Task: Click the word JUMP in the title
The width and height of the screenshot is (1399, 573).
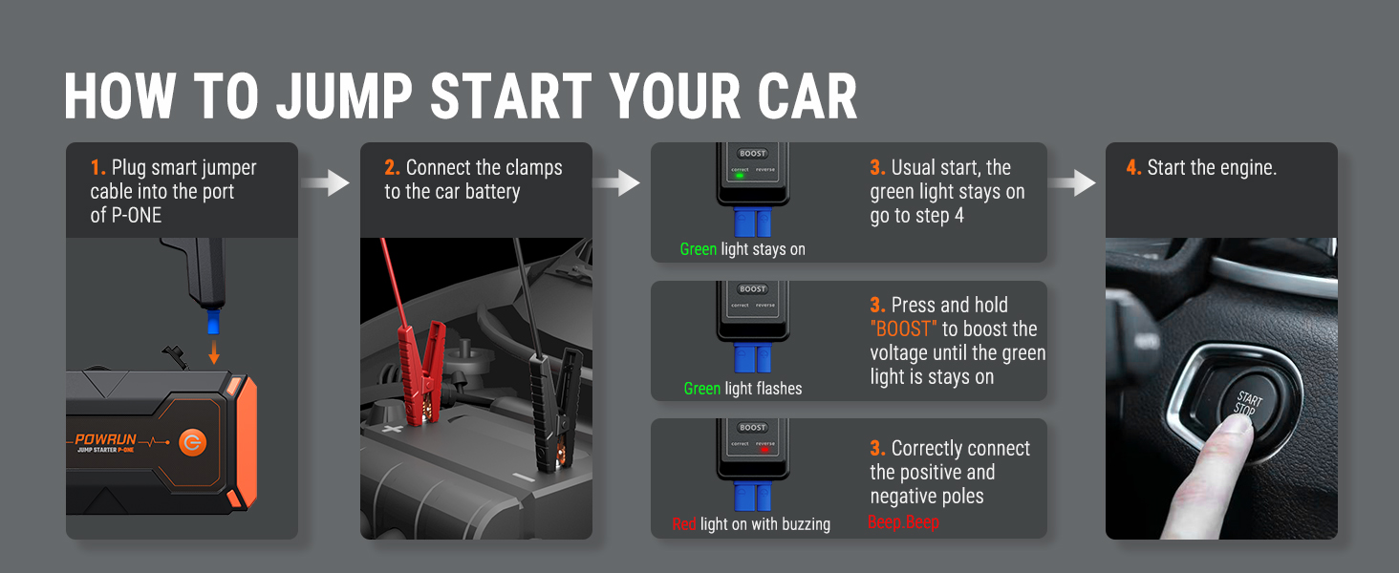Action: coord(344,95)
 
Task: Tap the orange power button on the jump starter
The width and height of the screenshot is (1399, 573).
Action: coord(192,442)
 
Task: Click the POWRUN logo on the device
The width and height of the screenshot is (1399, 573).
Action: coord(105,439)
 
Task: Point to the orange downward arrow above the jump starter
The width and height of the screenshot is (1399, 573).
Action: coord(214,351)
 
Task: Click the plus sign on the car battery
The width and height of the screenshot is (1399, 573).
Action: coord(392,430)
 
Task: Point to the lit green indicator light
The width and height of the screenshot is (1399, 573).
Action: coord(740,176)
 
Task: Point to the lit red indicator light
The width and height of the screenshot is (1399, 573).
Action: coord(764,450)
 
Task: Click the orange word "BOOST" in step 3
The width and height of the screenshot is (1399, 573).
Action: coord(903,329)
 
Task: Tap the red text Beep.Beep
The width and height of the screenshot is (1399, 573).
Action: coord(903,521)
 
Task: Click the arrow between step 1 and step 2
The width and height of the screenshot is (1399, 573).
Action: coord(325,183)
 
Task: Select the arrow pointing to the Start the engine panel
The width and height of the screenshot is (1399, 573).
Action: coord(1072,183)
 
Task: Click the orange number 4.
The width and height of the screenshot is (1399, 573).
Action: coord(1133,167)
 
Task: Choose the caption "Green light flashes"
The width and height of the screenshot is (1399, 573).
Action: coord(743,389)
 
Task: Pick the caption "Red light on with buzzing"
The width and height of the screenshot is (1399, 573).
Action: coord(751,523)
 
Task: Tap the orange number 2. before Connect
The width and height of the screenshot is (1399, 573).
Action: coord(392,167)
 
